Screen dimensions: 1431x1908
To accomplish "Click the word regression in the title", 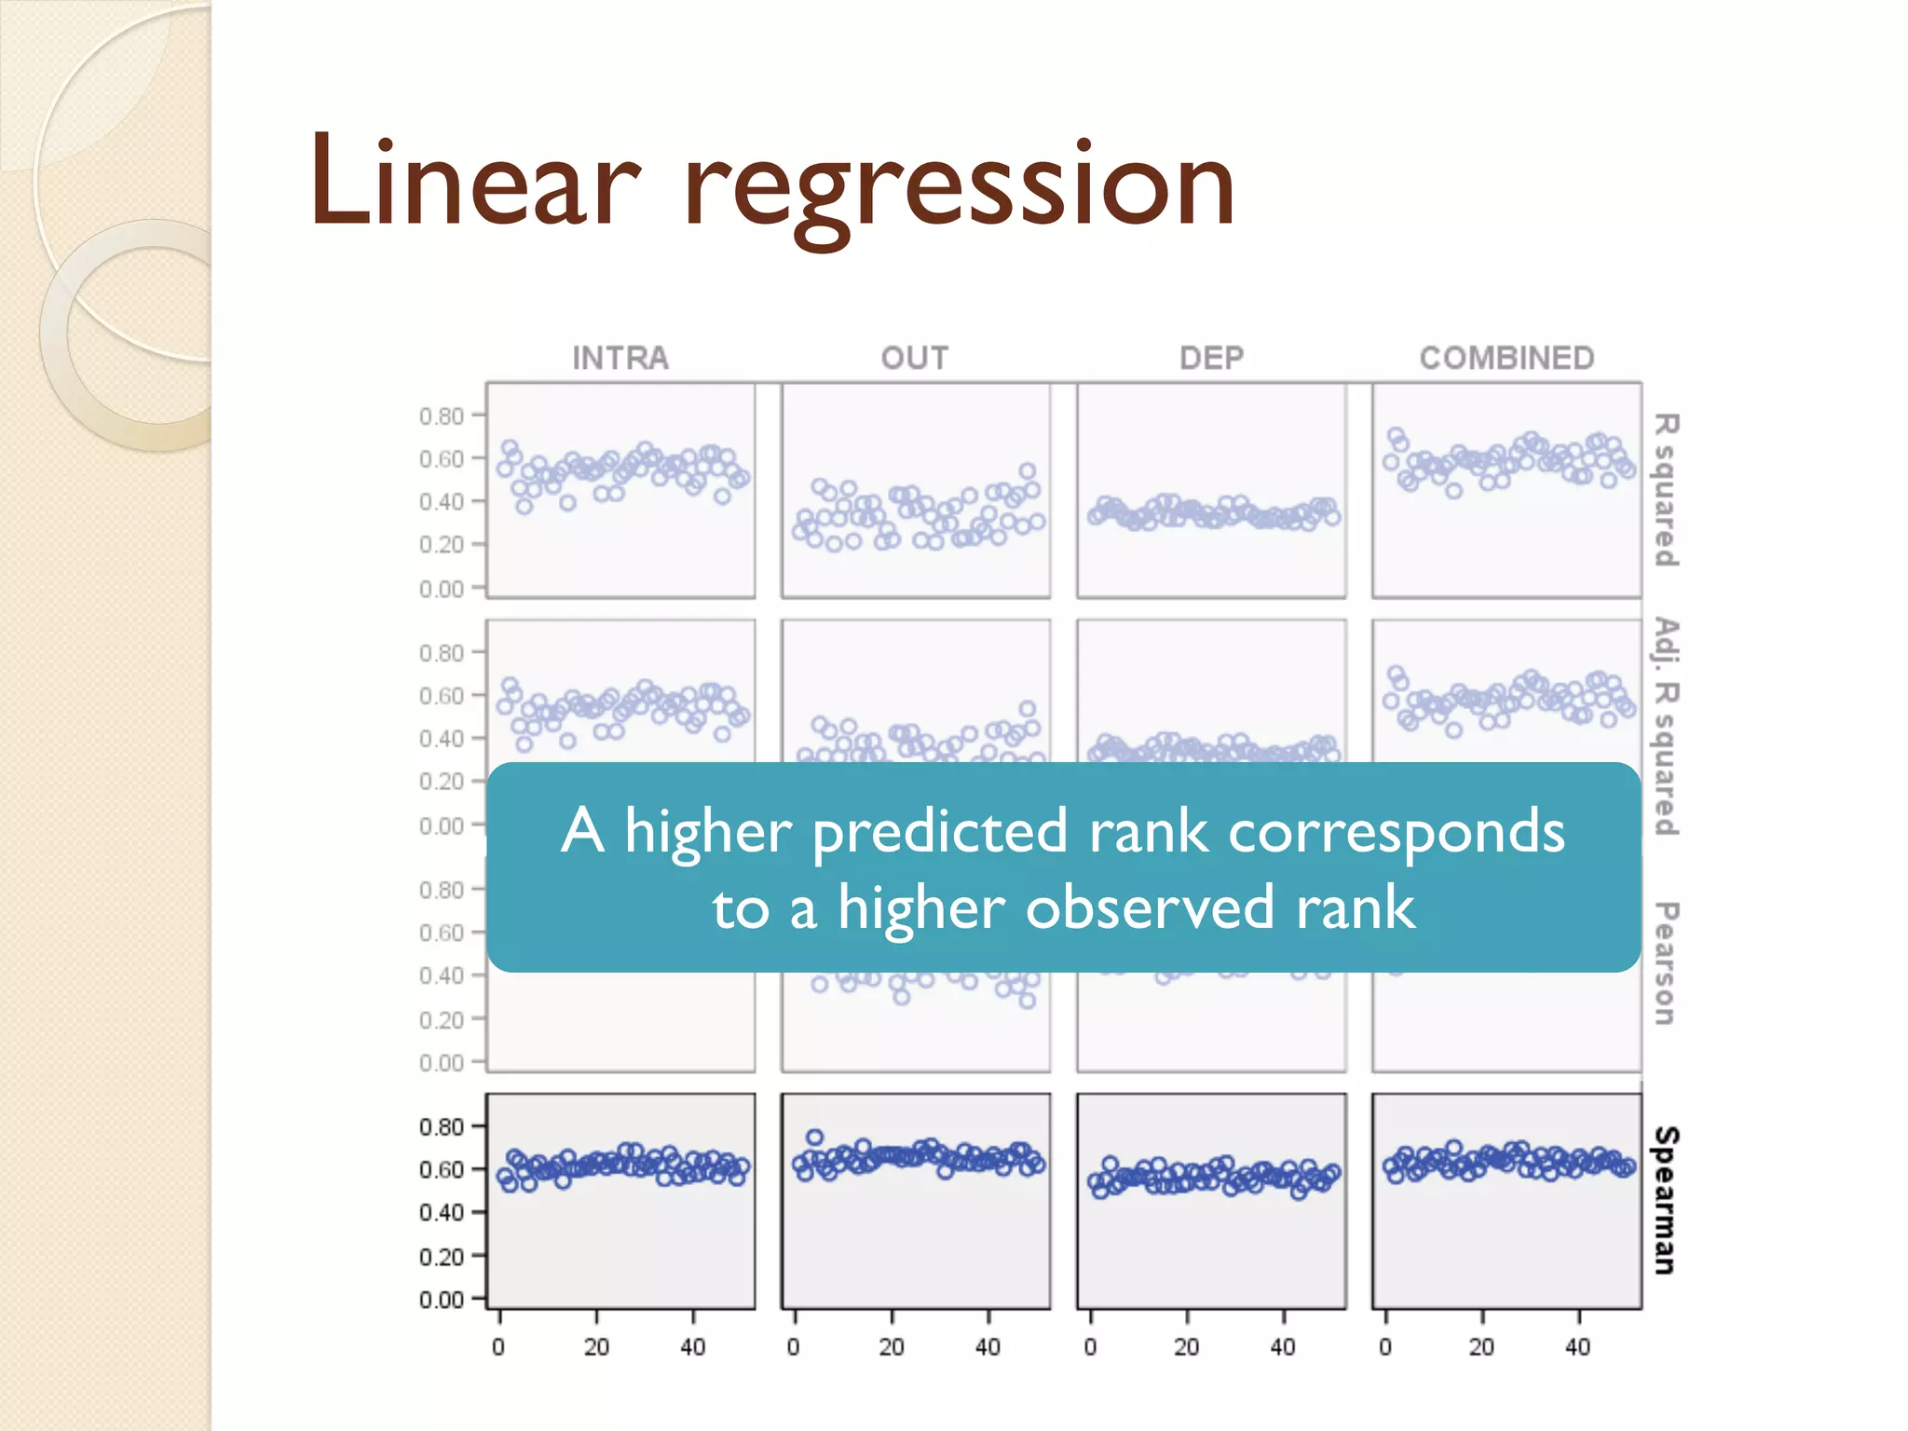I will (x=960, y=186).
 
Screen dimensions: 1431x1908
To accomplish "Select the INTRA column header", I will (x=620, y=358).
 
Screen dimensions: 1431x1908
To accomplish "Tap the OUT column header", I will (x=915, y=358).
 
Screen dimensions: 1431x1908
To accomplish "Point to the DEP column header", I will (x=1211, y=358).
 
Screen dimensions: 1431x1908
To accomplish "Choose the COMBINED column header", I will (x=1506, y=358).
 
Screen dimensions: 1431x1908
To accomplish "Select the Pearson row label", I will (x=1666, y=963).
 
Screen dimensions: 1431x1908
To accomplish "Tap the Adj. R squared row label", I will (x=1666, y=727).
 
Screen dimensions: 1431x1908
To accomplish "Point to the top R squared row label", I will (x=1666, y=490).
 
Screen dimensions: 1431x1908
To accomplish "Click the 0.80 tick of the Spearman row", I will (x=442, y=1126).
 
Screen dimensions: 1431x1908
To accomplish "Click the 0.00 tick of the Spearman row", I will (x=442, y=1299).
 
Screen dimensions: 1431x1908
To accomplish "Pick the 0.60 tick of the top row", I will (x=442, y=458).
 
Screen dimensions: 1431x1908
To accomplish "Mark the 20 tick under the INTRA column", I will (x=596, y=1346).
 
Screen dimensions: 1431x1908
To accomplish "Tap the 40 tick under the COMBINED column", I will (x=1577, y=1346).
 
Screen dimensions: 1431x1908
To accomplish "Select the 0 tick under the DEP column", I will (x=1091, y=1346).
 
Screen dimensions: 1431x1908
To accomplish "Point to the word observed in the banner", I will (x=1149, y=907).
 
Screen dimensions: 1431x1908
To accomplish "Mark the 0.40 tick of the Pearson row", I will (x=442, y=975).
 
